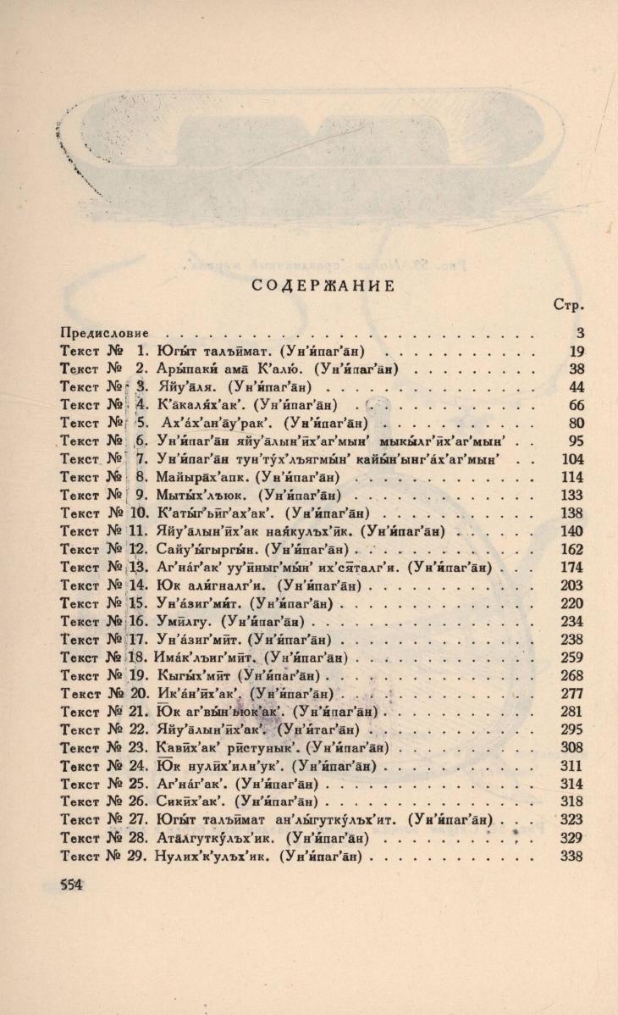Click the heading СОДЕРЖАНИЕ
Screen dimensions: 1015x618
[324, 286]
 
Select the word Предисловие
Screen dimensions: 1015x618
[105, 332]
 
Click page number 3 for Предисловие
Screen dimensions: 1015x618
[578, 332]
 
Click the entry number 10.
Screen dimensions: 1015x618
[138, 513]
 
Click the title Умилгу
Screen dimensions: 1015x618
[183, 620]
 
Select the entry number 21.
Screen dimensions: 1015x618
[138, 710]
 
